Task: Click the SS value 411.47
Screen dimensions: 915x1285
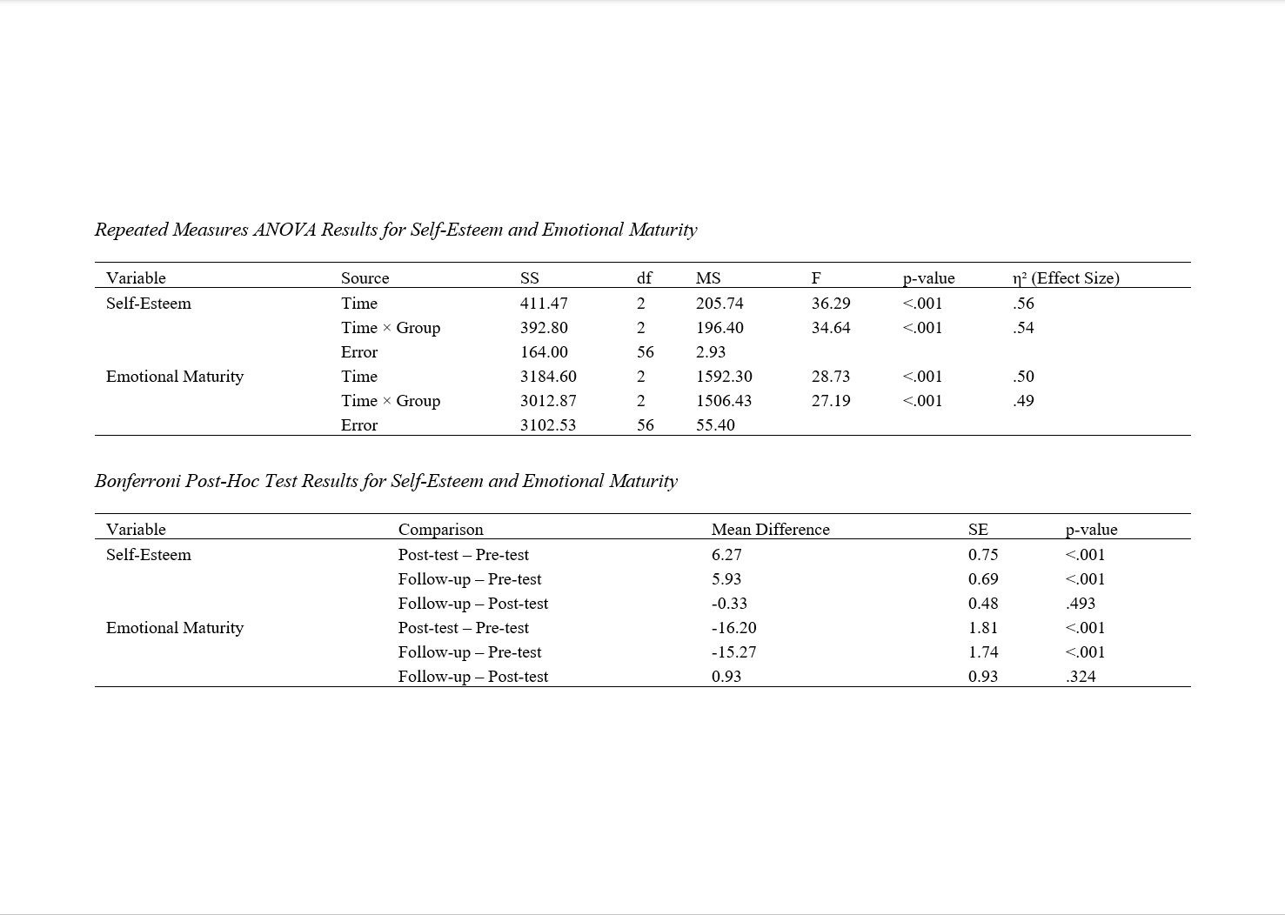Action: click(544, 304)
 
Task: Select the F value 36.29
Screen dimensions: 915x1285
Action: click(831, 304)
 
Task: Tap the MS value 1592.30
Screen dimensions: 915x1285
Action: click(724, 377)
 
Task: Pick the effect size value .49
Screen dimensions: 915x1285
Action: click(1023, 401)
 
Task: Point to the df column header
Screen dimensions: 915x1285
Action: click(644, 278)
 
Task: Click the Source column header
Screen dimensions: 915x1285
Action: click(365, 278)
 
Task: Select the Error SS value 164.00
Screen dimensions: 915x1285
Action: click(544, 352)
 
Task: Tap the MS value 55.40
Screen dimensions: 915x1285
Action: click(715, 425)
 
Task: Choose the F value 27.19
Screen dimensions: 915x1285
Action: click(831, 401)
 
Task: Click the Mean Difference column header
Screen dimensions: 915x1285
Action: click(770, 530)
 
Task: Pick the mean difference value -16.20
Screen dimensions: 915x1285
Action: click(733, 628)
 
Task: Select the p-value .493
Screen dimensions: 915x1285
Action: click(1081, 604)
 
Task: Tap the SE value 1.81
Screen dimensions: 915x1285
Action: click(983, 628)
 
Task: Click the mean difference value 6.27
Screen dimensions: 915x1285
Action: click(726, 555)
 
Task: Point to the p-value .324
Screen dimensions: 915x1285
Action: click(1081, 677)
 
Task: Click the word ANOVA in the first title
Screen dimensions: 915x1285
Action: click(284, 230)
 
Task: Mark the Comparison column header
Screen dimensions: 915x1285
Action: click(440, 530)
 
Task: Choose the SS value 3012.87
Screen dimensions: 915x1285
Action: click(548, 401)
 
